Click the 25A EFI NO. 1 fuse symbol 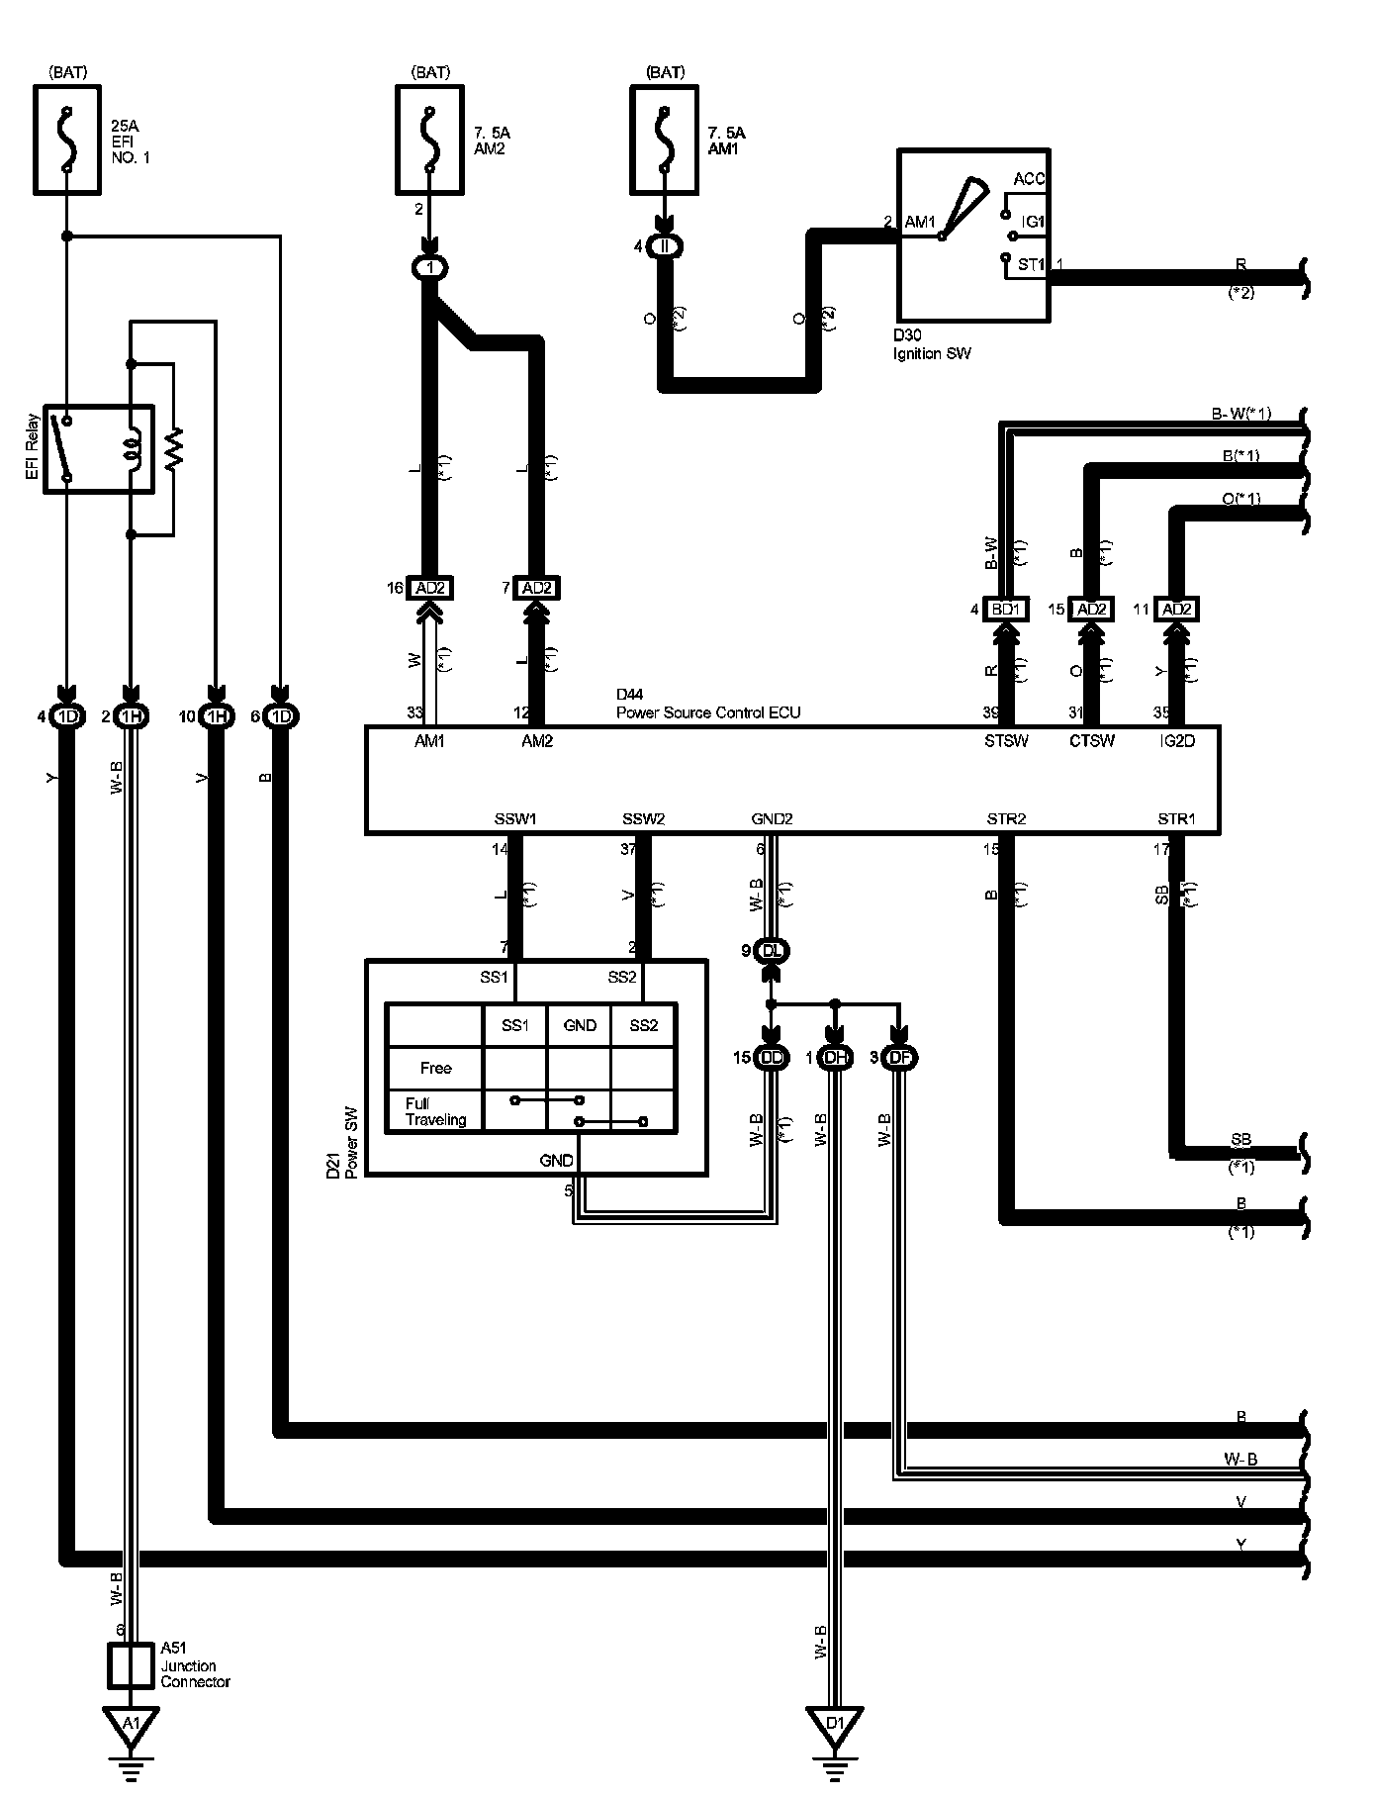pos(67,139)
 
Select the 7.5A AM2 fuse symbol pos(429,139)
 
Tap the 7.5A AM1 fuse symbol pos(664,139)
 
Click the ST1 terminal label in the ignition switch pos(1030,265)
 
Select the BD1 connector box pos(1005,610)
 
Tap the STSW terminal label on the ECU pos(1005,741)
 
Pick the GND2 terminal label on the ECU pos(772,819)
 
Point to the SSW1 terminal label pos(514,819)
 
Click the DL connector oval pos(773,951)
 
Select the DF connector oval pos(900,1058)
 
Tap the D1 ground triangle pos(836,1725)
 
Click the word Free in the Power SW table pos(435,1069)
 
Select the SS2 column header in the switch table pos(643,1026)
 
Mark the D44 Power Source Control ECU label pos(707,705)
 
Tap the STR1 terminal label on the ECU pos(1176,819)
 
